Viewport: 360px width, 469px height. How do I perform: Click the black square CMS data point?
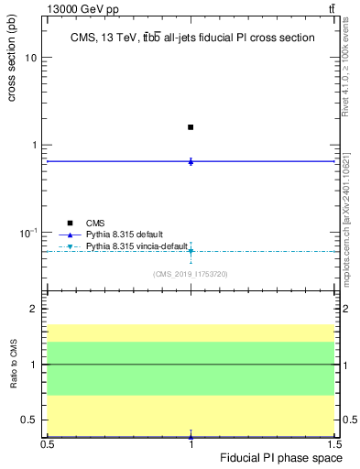(191, 127)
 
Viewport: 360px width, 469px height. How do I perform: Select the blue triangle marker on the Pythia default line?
(191, 161)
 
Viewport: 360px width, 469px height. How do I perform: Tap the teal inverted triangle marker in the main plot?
(191, 250)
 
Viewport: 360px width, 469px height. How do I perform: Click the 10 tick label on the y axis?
(31, 58)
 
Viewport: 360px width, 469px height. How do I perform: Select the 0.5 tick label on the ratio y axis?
(29, 420)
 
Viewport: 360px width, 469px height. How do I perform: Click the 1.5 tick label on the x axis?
(333, 444)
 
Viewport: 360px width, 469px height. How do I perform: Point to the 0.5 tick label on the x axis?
(48, 444)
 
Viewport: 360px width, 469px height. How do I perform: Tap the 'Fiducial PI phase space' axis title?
(282, 457)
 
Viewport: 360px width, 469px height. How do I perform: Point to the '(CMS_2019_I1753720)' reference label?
(190, 273)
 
